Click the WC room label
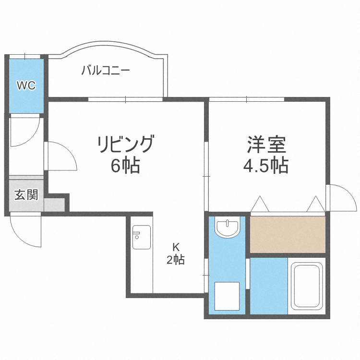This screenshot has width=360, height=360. (26, 86)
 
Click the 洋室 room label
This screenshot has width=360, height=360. (266, 144)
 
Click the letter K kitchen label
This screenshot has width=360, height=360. (176, 248)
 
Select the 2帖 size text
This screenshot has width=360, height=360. (176, 261)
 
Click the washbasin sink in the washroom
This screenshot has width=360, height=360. (227, 228)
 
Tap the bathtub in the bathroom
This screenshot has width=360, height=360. (306, 286)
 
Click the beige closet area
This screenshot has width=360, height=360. (287, 234)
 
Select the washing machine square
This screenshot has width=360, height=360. (227, 296)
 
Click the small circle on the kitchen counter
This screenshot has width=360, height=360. (136, 236)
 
